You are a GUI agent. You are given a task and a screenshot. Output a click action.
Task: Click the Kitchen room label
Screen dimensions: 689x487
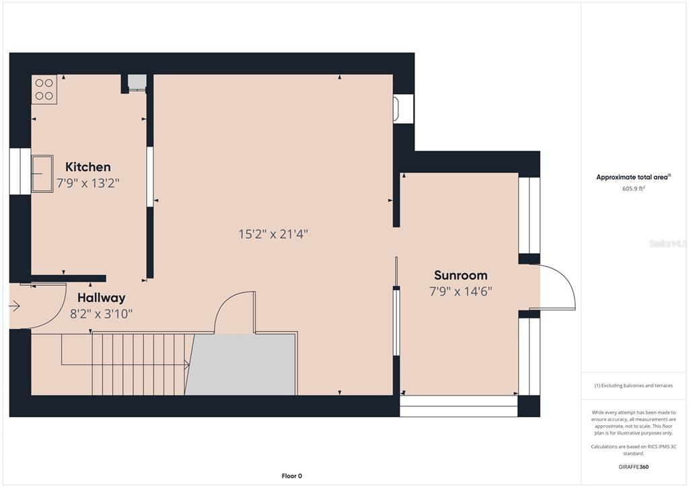88,167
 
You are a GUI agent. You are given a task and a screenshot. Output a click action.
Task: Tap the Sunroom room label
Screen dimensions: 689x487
460,275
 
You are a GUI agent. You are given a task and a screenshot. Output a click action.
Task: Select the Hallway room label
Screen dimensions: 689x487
102,298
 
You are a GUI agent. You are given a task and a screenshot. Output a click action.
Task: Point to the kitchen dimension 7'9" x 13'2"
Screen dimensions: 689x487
88,183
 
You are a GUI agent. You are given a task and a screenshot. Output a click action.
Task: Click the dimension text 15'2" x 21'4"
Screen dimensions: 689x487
273,233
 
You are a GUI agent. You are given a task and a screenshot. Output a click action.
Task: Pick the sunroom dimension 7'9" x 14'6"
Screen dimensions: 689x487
460,291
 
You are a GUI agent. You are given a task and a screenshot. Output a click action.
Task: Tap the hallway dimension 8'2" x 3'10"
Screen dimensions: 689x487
102,314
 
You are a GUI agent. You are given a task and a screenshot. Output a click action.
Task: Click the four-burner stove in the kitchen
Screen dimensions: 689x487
44,89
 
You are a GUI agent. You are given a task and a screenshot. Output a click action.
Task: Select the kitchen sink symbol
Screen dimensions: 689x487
42,174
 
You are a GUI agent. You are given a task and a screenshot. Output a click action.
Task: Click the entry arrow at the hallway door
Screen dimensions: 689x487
15,305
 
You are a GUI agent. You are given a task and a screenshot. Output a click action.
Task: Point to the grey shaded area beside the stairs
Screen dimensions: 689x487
241,365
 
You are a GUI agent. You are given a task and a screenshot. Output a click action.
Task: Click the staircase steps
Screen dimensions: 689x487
143,364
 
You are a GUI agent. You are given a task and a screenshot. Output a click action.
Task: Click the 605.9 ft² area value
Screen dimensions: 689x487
633,188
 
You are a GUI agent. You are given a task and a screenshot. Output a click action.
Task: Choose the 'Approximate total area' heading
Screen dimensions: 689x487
632,178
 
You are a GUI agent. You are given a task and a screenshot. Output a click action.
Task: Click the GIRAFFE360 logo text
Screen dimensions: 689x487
633,467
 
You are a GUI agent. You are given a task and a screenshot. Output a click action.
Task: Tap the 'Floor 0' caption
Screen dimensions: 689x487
292,476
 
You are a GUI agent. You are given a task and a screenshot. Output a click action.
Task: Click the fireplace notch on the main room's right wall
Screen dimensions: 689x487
404,108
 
